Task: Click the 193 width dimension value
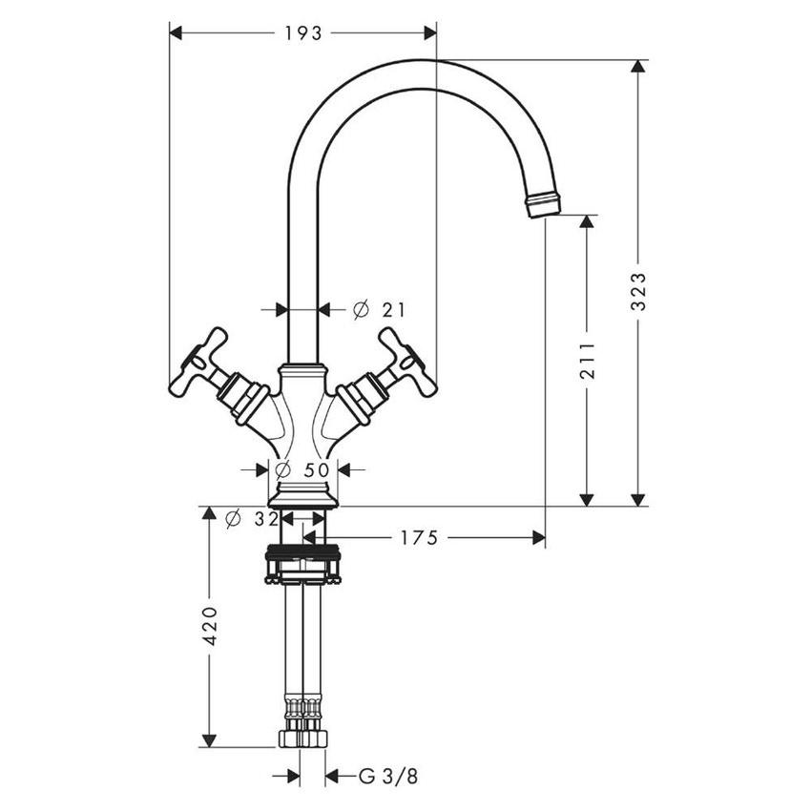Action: tap(303, 33)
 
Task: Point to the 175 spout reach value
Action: tap(419, 539)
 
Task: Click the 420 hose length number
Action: tap(211, 625)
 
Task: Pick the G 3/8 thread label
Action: tap(388, 777)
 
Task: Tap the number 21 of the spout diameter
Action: tap(393, 309)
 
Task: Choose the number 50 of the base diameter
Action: tap(316, 469)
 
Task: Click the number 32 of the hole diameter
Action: tap(266, 519)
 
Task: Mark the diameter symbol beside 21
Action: tap(360, 309)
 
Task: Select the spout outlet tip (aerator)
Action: tap(544, 203)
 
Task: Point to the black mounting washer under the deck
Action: tap(303, 552)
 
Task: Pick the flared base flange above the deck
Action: tap(303, 496)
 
